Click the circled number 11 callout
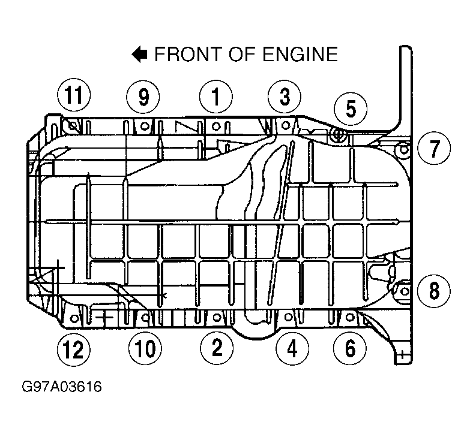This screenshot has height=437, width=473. click(74, 95)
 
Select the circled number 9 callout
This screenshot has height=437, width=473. click(143, 97)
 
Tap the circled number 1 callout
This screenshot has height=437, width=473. click(216, 97)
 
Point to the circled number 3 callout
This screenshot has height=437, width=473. click(285, 97)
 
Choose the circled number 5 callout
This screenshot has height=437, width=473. click(351, 109)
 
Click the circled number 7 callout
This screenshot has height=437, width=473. click(434, 148)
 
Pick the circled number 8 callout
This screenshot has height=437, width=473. click(434, 291)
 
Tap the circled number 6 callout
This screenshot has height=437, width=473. click(350, 348)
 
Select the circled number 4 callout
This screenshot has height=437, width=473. click(292, 348)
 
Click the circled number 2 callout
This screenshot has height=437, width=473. click(217, 348)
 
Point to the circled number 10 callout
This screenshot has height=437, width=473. click(145, 348)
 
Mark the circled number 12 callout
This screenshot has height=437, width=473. click(74, 349)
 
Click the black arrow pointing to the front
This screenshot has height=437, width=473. click(139, 55)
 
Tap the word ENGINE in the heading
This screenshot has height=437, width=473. click(300, 55)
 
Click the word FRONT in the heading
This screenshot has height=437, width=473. click(188, 55)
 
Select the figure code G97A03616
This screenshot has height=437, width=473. click(62, 387)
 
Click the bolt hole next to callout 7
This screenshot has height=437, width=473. click(404, 149)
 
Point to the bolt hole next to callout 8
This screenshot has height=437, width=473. click(404, 291)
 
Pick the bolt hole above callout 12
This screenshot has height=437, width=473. click(74, 318)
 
